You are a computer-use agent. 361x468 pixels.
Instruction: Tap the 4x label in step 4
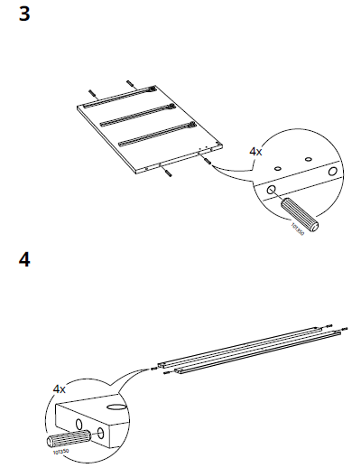(x=60, y=388)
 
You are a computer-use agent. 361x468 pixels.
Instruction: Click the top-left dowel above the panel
(x=91, y=91)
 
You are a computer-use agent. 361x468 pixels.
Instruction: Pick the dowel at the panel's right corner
(x=208, y=162)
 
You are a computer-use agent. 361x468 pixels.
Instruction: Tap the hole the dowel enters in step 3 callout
(x=270, y=191)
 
